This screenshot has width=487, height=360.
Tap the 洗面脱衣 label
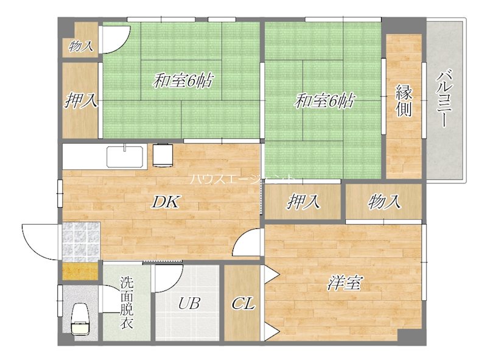(126, 303)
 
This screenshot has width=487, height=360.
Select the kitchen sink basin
(125, 157)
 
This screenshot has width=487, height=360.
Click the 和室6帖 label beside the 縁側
(324, 101)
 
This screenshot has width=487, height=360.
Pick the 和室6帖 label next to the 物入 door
(182, 80)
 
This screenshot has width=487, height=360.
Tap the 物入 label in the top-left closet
(80, 45)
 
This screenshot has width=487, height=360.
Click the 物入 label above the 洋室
(384, 201)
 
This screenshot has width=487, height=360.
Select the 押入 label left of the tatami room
(81, 101)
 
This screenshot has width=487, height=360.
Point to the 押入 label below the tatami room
(303, 201)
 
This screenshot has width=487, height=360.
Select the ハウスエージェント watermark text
(242, 179)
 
